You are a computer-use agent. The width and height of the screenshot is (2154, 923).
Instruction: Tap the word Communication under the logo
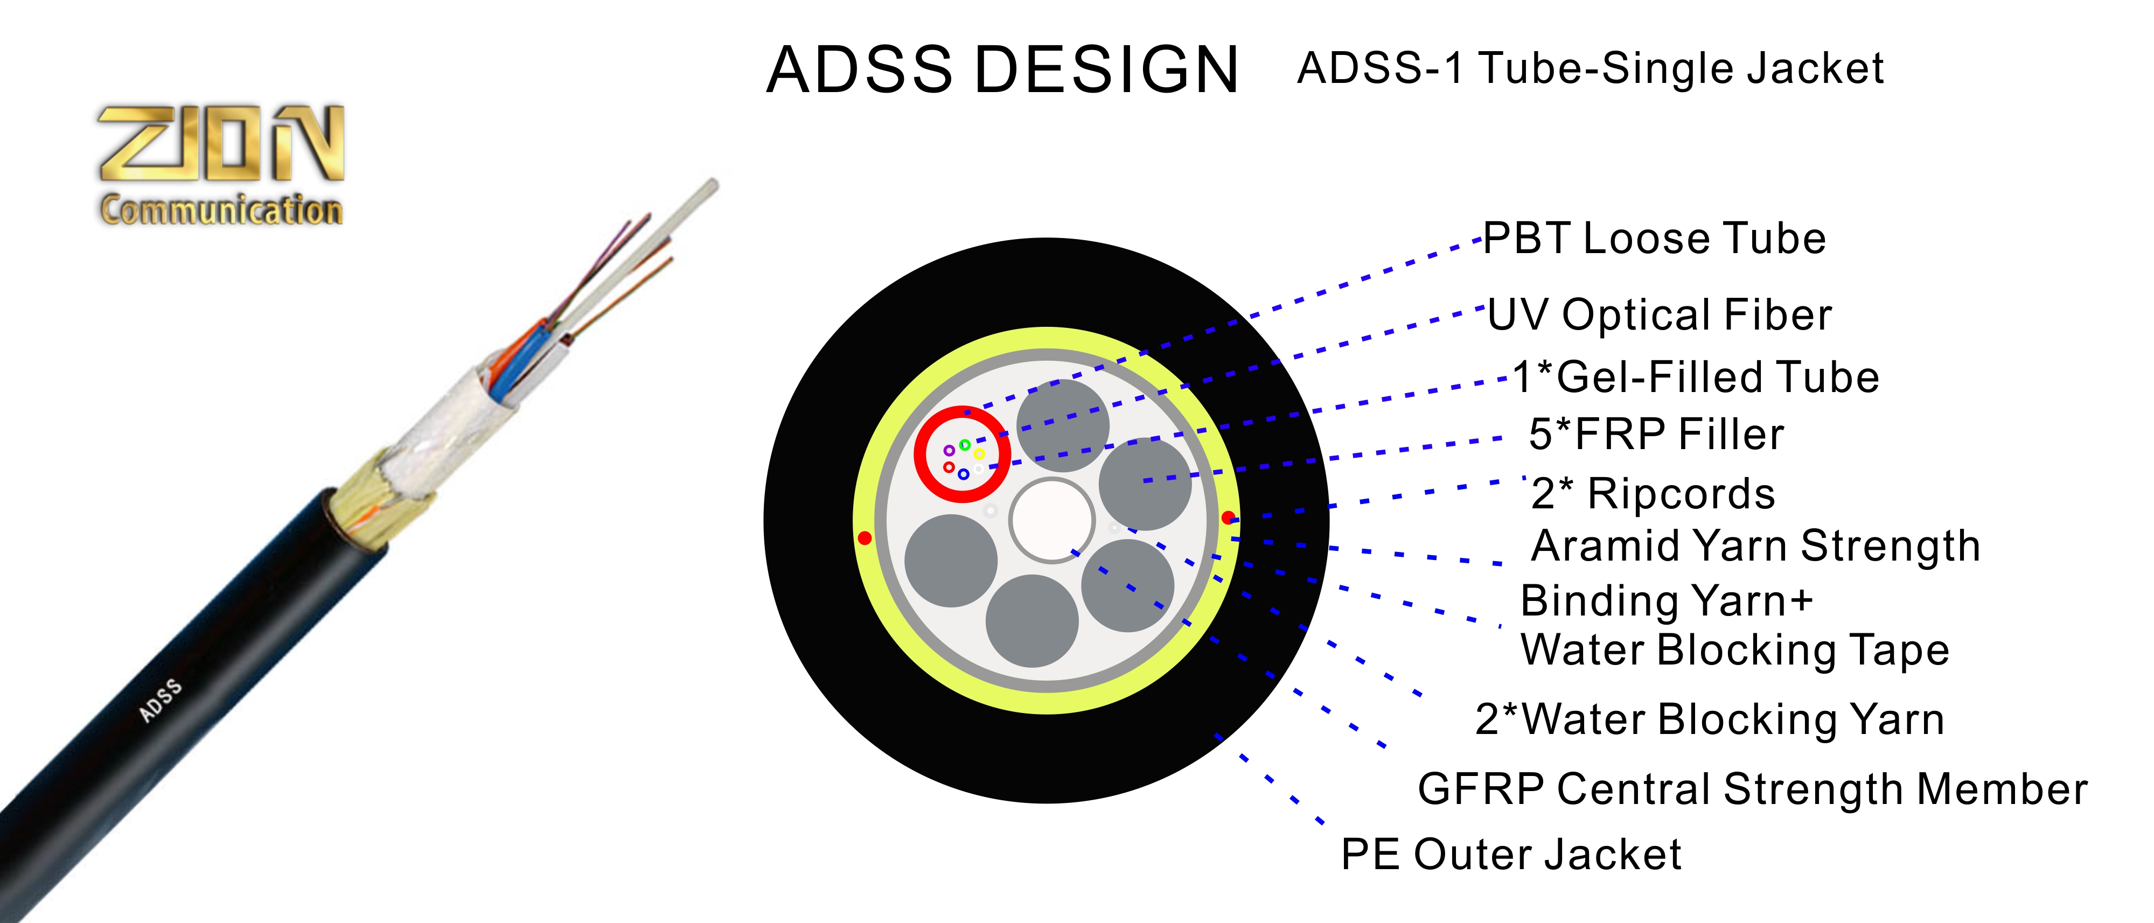tap(221, 209)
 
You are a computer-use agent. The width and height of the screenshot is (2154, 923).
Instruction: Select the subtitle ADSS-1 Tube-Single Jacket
tap(1590, 68)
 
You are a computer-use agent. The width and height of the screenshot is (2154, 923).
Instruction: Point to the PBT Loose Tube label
tap(1654, 239)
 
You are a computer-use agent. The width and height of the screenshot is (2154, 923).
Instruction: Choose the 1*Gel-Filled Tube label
tap(1696, 377)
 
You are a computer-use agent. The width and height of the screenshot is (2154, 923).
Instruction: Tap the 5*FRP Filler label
tap(1656, 435)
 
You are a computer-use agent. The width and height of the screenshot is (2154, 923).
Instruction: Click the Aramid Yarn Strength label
tap(1755, 546)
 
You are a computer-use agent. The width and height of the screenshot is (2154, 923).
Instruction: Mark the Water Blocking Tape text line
tap(1734, 651)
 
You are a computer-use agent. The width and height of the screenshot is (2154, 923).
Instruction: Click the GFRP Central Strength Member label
tap(1752, 789)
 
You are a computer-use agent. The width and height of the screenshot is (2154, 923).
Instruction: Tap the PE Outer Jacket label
tap(1510, 855)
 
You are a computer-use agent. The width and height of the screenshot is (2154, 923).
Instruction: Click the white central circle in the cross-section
tap(1051, 520)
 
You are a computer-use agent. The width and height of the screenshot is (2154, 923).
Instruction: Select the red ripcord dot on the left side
tap(865, 537)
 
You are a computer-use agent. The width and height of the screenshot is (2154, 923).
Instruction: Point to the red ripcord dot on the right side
tap(1228, 518)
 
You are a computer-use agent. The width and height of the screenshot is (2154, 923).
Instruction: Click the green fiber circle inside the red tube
tap(965, 445)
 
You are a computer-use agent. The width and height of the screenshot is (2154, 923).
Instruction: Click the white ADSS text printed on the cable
tap(160, 701)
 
